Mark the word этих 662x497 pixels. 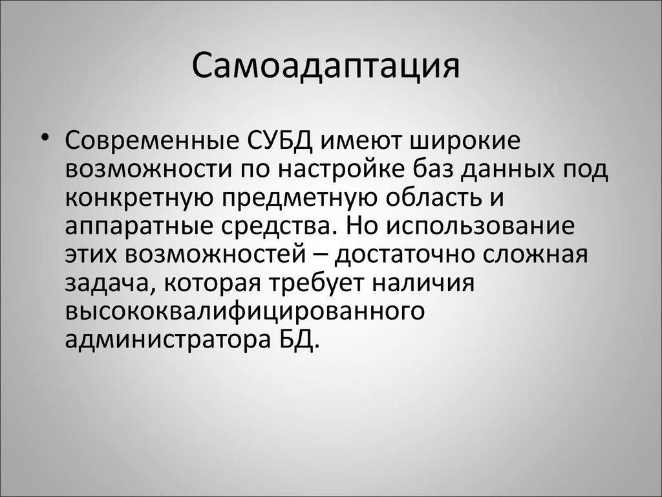pos(94,255)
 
